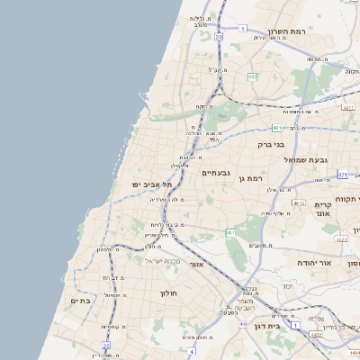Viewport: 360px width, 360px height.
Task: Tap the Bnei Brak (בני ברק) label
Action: click(270, 144)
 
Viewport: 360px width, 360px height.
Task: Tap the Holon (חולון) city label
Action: click(170, 293)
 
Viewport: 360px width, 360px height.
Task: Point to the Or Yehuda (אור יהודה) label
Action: click(314, 262)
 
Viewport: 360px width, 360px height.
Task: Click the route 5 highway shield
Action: click(242, 29)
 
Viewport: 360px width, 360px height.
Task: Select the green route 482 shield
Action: click(252, 76)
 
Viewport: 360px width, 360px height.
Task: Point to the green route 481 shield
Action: click(276, 128)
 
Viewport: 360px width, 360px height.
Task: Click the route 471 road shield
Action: click(343, 174)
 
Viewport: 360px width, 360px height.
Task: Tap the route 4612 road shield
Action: click(299, 203)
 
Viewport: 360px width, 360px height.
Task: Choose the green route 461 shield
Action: click(230, 232)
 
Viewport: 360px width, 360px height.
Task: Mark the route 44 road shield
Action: click(242, 322)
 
